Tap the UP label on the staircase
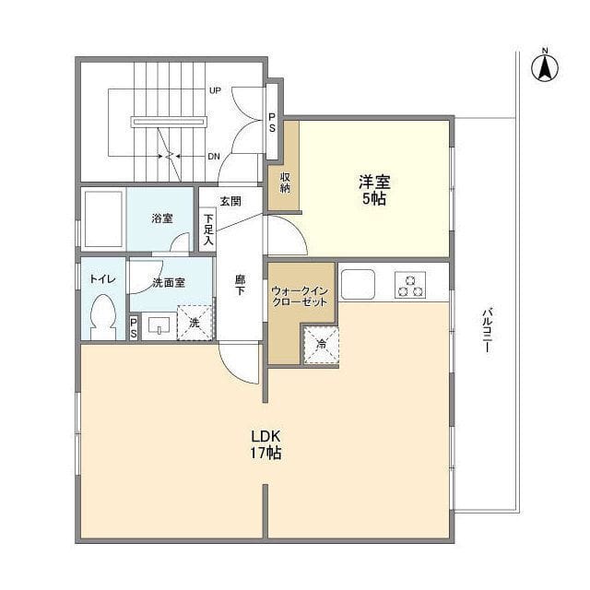tap(214, 90)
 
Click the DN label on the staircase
tap(213, 156)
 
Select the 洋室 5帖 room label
tap(373, 190)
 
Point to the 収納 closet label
tap(285, 183)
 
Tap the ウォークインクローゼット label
tap(299, 296)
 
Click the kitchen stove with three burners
tap(410, 285)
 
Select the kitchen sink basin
tap(357, 284)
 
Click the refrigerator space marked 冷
tap(321, 345)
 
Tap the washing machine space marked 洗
tap(195, 323)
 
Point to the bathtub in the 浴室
tap(102, 218)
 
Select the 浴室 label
tap(162, 218)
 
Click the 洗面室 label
tap(169, 283)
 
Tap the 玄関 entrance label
tap(230, 200)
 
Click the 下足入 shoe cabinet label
tap(209, 229)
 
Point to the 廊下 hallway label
tap(240, 286)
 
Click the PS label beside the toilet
tap(134, 327)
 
